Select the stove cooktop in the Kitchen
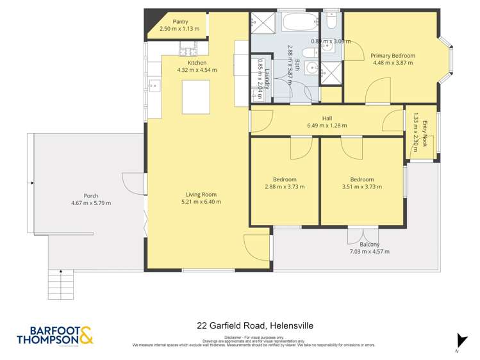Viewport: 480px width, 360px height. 188,48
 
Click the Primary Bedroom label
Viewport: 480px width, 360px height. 393,56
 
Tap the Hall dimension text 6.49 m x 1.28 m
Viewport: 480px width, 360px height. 326,126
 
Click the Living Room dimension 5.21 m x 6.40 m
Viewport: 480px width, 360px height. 201,202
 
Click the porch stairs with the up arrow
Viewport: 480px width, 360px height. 62,284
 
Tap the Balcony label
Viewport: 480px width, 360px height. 369,244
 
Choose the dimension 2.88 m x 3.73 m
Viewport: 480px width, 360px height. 284,187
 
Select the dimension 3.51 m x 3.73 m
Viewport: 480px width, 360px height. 361,187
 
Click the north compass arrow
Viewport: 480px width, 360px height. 458,340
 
